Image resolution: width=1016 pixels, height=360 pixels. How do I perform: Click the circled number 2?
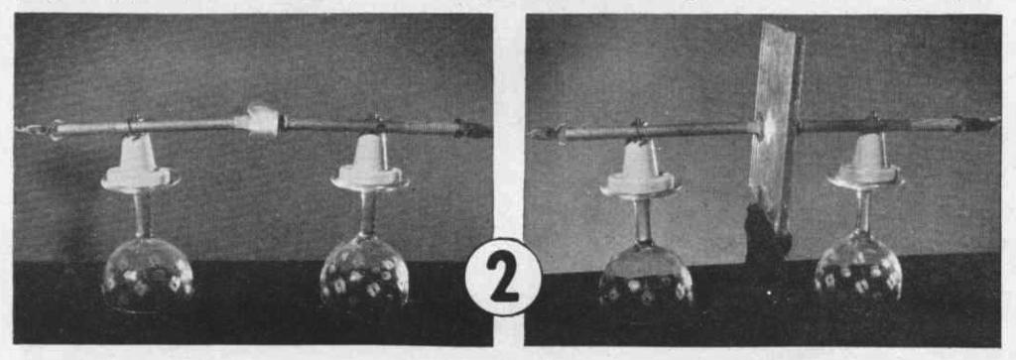(503, 277)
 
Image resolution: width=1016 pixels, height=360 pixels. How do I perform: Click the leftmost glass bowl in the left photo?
(147, 274)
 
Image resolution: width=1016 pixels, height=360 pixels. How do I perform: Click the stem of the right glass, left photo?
(367, 212)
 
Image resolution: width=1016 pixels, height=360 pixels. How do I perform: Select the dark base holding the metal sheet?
(768, 234)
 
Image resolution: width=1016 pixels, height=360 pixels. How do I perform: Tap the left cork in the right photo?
(640, 169)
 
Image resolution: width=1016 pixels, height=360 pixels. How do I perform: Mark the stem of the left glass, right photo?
(643, 220)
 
